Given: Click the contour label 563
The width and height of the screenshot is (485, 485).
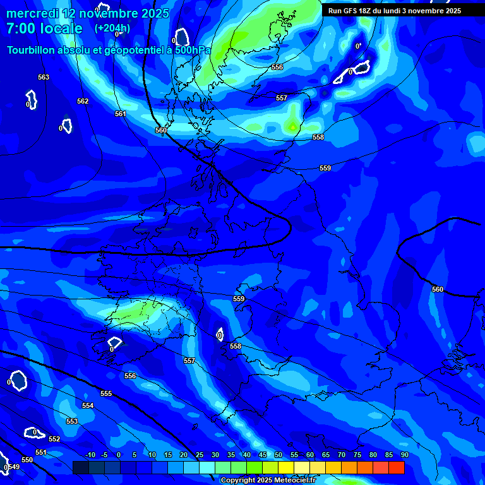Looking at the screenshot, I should (x=44, y=77).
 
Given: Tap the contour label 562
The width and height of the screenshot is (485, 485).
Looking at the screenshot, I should (x=83, y=101).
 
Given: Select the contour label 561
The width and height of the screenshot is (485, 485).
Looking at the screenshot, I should (x=121, y=114).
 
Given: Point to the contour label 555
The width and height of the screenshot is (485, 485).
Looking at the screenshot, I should (x=106, y=393).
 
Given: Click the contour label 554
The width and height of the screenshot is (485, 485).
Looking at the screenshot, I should (x=88, y=405).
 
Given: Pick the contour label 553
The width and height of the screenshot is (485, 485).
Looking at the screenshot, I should (x=72, y=421).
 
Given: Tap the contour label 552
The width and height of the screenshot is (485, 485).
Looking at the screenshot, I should (x=54, y=439).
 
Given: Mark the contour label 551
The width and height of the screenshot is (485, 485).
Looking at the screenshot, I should (x=41, y=452).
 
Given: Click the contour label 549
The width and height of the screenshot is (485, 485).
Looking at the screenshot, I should (x=13, y=467).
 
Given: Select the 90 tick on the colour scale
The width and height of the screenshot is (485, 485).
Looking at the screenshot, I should (x=404, y=455).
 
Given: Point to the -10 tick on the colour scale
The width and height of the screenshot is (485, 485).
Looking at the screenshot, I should (x=90, y=455).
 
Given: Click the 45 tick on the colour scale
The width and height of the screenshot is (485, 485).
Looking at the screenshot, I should (x=263, y=455).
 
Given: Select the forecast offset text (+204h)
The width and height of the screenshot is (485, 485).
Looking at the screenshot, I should (x=112, y=28).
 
